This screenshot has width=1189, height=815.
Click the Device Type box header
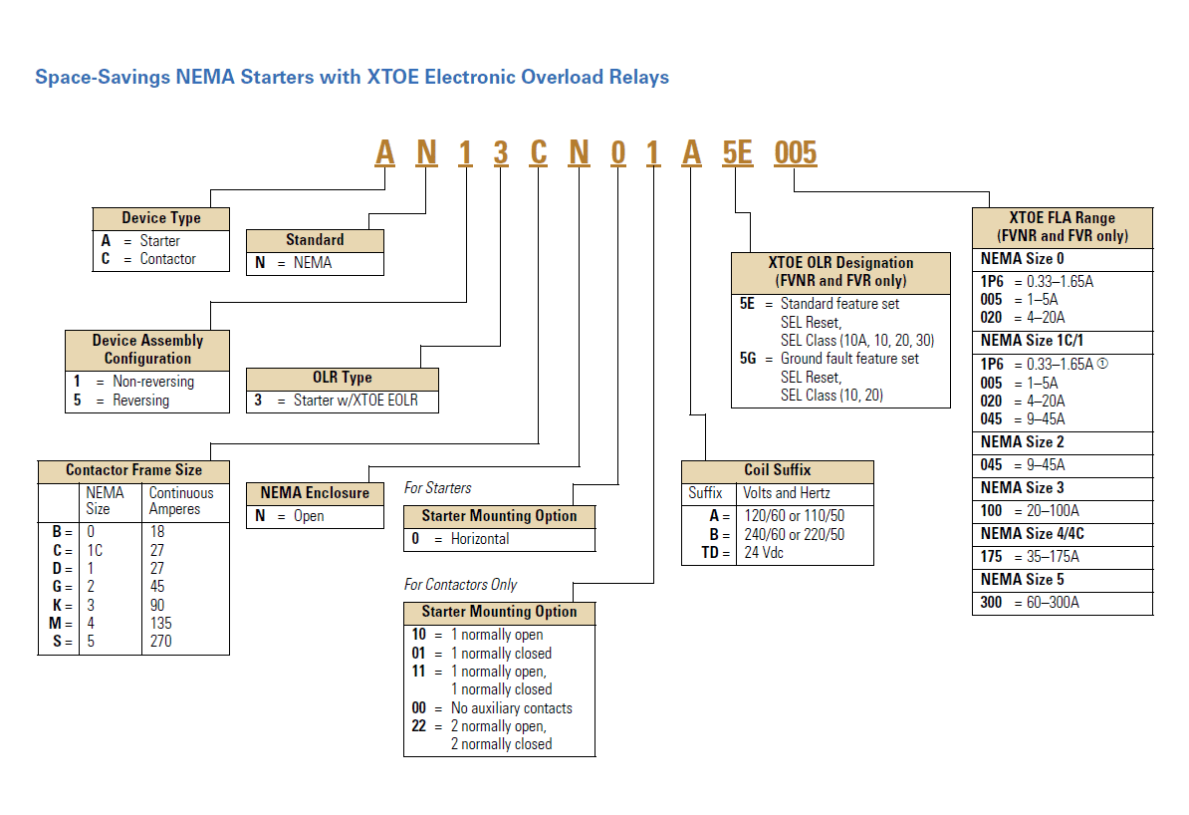coord(161,218)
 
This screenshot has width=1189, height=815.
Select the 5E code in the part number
coord(737,152)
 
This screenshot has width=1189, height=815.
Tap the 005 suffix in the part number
coord(795,152)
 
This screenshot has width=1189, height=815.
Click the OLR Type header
coord(342,379)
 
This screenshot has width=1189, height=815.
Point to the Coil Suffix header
coord(777,470)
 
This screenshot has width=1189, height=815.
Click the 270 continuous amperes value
coord(160,641)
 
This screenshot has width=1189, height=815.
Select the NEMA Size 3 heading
coord(1022,487)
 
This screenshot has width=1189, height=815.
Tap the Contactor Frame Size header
coord(133,469)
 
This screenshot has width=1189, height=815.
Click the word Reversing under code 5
coord(141,401)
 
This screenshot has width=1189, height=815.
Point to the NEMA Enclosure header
coord(315,493)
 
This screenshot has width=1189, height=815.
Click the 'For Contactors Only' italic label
coord(461,585)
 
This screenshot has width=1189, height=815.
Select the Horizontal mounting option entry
coord(480,539)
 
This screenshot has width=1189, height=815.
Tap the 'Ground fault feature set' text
coord(849,358)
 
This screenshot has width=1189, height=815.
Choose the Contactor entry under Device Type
coord(167,259)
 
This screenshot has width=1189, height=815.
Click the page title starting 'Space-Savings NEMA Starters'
coord(352,77)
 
